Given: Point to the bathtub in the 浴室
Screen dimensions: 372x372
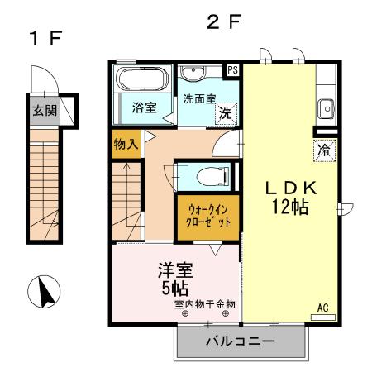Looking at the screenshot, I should click(141, 81).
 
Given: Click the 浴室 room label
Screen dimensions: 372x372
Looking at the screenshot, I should click(145, 107).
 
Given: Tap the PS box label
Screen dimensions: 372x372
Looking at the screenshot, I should click(233, 69).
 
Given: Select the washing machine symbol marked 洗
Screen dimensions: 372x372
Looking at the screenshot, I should click(224, 114).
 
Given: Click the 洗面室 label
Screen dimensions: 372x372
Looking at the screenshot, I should click(199, 98).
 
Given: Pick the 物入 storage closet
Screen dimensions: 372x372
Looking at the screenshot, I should click(126, 144).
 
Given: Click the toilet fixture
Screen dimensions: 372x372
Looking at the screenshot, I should click(213, 174).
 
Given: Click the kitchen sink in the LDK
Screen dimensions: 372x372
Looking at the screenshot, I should click(325, 107).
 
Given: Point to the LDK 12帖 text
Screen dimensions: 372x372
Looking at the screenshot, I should click(291, 198).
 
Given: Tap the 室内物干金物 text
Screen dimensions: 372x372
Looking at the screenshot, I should click(204, 303).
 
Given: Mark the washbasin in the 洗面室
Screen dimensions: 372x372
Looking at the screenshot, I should click(196, 73).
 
